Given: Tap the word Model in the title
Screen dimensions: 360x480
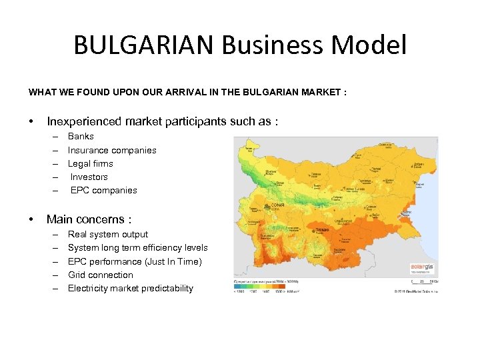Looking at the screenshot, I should point(373,45).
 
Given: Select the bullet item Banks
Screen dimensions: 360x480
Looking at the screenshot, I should point(81,137).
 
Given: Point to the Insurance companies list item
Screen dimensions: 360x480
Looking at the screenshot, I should point(112,150).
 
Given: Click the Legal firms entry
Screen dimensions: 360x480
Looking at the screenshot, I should point(91,163).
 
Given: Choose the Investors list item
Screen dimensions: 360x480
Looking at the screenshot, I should point(89,177).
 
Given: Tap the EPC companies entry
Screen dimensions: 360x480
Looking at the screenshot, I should point(103,190).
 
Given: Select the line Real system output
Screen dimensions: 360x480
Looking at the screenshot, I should point(108,234).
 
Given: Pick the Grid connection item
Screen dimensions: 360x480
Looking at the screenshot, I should point(101,275).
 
